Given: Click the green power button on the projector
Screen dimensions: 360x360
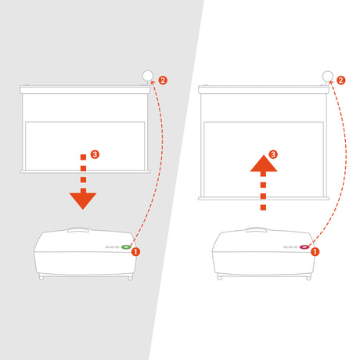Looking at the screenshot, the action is [126, 247].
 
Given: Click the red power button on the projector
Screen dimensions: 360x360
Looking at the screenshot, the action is [304, 247].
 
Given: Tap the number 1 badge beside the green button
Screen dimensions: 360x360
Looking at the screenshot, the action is [135, 252].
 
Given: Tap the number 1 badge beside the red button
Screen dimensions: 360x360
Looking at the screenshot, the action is [315, 252].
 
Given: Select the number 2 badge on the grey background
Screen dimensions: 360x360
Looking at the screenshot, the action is [163, 80].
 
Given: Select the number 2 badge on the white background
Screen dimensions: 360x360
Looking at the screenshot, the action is [340, 80].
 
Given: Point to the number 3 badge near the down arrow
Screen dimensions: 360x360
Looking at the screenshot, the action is [95, 154].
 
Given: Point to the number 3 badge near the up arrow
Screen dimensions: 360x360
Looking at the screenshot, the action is [273, 154].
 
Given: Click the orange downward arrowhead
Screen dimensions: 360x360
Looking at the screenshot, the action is [83, 200].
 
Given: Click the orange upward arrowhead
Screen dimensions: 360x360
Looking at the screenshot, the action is [264, 164].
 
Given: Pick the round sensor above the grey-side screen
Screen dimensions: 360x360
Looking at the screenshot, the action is [148, 76].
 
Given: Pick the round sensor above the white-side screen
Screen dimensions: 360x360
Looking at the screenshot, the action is [328, 76].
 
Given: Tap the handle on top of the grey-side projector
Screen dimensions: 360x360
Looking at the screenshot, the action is [78, 229].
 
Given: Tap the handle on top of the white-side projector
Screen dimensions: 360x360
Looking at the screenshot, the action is [256, 229].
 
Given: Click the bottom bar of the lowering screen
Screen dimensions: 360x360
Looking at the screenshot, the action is [85, 171].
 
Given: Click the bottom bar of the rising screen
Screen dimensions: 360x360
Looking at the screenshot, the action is [264, 199].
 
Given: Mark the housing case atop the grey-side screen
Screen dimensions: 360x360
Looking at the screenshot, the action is [85, 90].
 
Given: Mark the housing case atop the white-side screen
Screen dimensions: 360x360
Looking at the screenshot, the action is [264, 89].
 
